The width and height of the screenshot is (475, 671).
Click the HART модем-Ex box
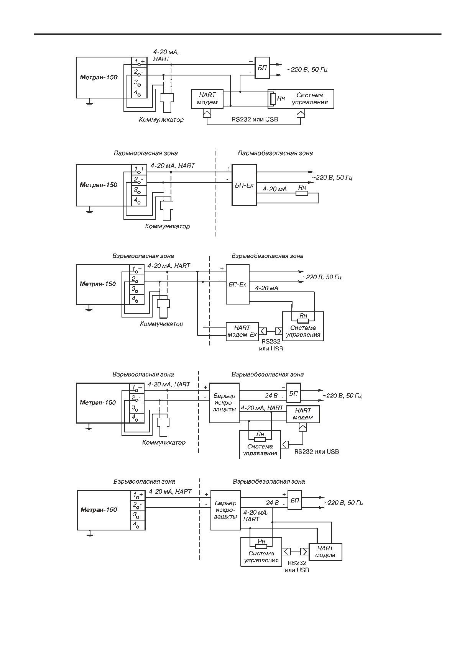(242, 331)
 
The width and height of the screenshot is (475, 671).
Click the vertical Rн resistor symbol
(272, 98)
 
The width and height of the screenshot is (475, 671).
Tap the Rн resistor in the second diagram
(301, 193)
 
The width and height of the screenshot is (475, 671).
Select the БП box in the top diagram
(262, 68)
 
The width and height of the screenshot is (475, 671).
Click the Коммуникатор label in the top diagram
(161, 120)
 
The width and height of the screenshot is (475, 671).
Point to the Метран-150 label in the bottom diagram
(99, 510)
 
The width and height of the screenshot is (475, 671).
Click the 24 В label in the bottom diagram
(272, 502)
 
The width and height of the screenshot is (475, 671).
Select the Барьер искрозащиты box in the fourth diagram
(224, 403)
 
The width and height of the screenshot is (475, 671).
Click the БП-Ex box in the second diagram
(244, 185)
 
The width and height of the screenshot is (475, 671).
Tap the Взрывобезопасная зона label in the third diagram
(267, 256)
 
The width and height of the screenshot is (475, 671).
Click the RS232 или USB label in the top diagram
(255, 119)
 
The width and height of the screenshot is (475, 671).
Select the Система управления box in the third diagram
(303, 326)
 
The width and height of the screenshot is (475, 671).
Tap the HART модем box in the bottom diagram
(325, 552)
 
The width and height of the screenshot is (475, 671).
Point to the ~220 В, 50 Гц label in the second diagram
(332, 178)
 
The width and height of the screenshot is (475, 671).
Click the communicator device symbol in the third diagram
(164, 306)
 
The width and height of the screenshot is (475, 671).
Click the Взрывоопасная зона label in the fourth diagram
(143, 375)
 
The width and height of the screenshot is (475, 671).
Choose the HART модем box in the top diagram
(207, 98)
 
